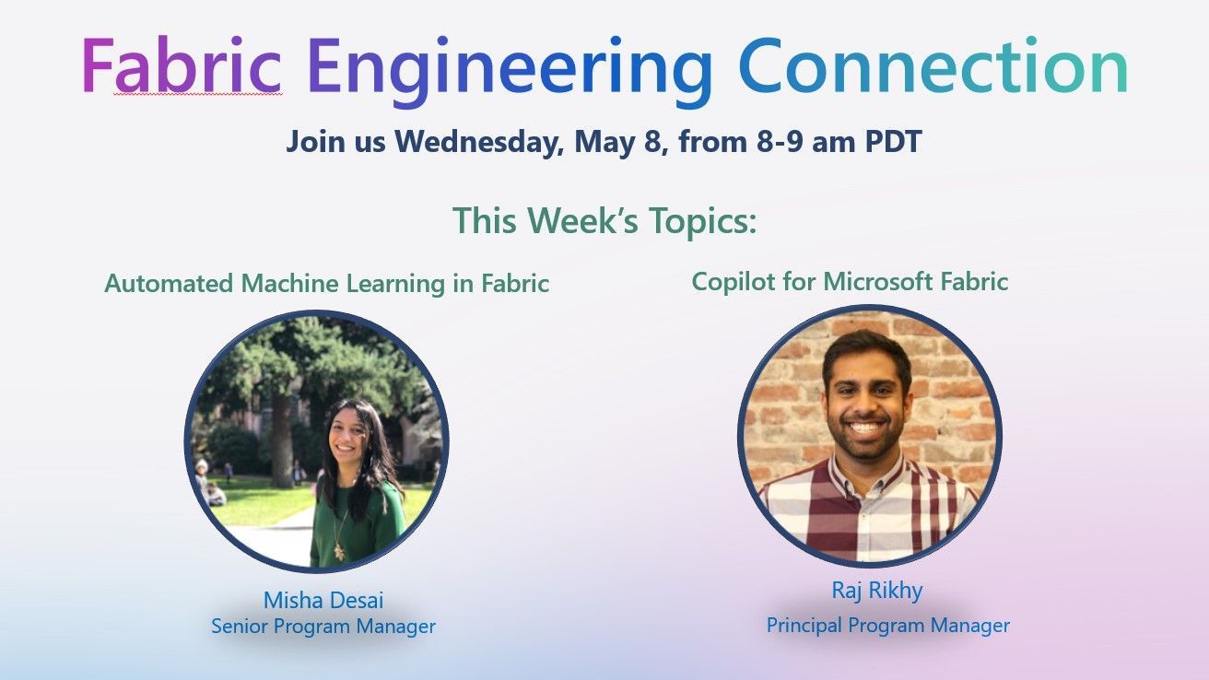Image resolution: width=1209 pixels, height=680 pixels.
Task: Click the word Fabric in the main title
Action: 182,66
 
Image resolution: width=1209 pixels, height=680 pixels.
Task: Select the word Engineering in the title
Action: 510,68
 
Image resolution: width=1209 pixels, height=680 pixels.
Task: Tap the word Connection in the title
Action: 933,66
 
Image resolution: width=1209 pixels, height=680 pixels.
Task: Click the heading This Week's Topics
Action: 604,221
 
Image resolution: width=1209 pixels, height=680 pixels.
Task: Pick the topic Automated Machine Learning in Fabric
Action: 326,284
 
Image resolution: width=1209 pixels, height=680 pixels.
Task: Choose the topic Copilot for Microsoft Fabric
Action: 850,282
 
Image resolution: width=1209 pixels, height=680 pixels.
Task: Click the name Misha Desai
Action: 323,601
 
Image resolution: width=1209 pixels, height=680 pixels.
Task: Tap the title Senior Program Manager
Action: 323,627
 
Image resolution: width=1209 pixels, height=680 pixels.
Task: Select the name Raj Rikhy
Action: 876,591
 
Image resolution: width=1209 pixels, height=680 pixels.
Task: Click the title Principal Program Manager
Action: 887,626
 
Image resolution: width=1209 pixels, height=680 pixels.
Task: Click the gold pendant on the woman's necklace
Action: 339,550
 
